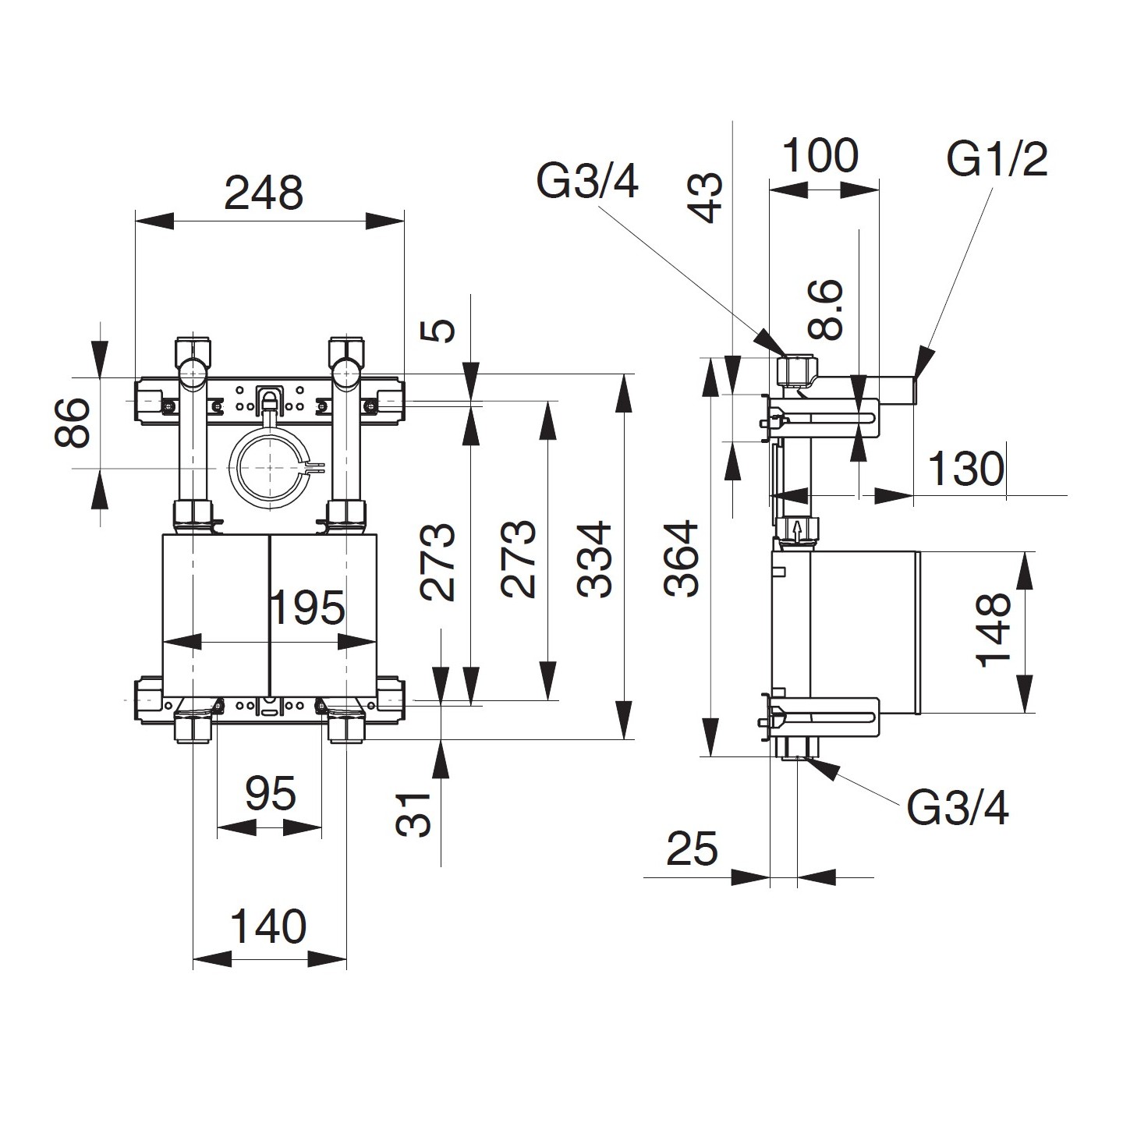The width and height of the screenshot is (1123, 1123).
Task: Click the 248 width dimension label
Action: pos(263,193)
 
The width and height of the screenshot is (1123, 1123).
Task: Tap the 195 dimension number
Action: pos(306,608)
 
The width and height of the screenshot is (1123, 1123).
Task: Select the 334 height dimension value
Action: pos(597,559)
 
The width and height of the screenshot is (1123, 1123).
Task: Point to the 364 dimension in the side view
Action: pos(683,558)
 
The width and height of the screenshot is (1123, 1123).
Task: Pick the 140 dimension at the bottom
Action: pos(268,927)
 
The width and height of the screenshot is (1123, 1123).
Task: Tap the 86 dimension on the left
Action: pos(74,422)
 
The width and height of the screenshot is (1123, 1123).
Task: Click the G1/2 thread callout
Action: pos(997,160)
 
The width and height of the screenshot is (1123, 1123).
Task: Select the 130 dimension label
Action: pos(965,469)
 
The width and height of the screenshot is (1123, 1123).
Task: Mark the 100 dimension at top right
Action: pos(820,155)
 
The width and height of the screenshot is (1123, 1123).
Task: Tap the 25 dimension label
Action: pos(692,848)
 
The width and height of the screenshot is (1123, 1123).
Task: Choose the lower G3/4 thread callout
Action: pos(958,809)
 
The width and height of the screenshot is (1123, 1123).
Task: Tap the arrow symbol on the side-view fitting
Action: pos(796,530)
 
